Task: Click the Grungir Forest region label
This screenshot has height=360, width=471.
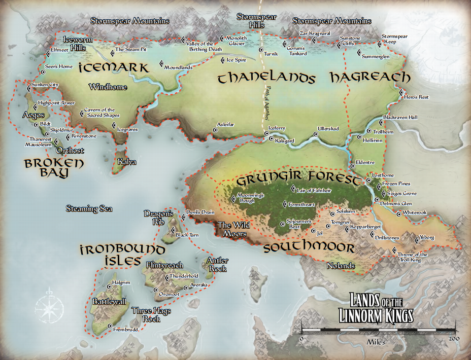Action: pos(298,178)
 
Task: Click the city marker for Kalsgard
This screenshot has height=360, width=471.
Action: pos(271,138)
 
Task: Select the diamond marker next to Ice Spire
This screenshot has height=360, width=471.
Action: pos(222,60)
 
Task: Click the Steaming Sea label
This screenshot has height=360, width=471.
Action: pos(89,208)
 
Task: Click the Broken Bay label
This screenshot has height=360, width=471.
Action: pos(47,168)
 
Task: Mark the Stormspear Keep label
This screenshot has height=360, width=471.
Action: pos(395,40)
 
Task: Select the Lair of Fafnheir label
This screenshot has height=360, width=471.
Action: pos(315,191)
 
